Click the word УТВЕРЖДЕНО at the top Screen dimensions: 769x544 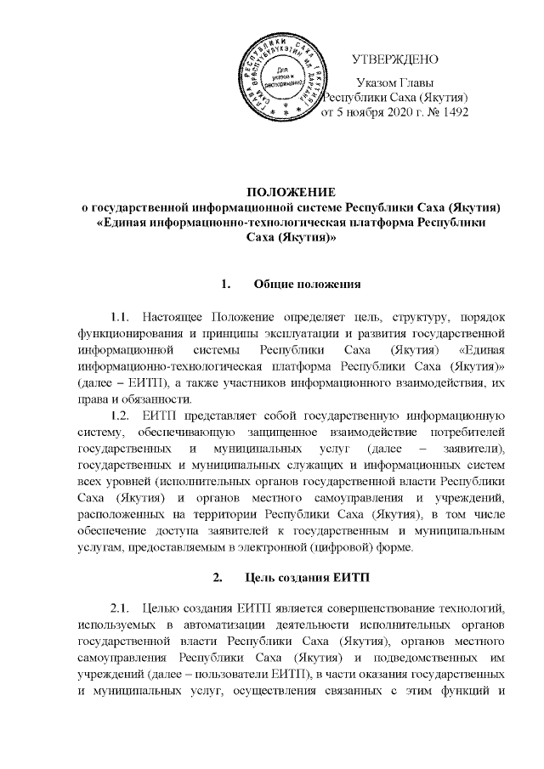pos(395,59)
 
